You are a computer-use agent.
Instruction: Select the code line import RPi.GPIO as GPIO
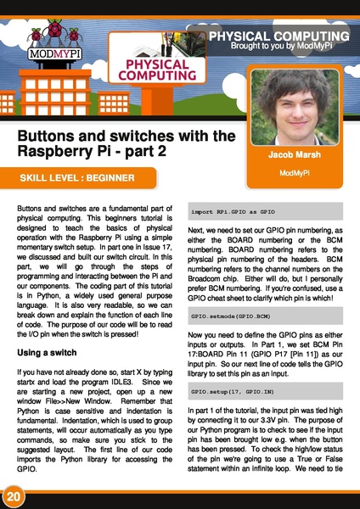[234, 210]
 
